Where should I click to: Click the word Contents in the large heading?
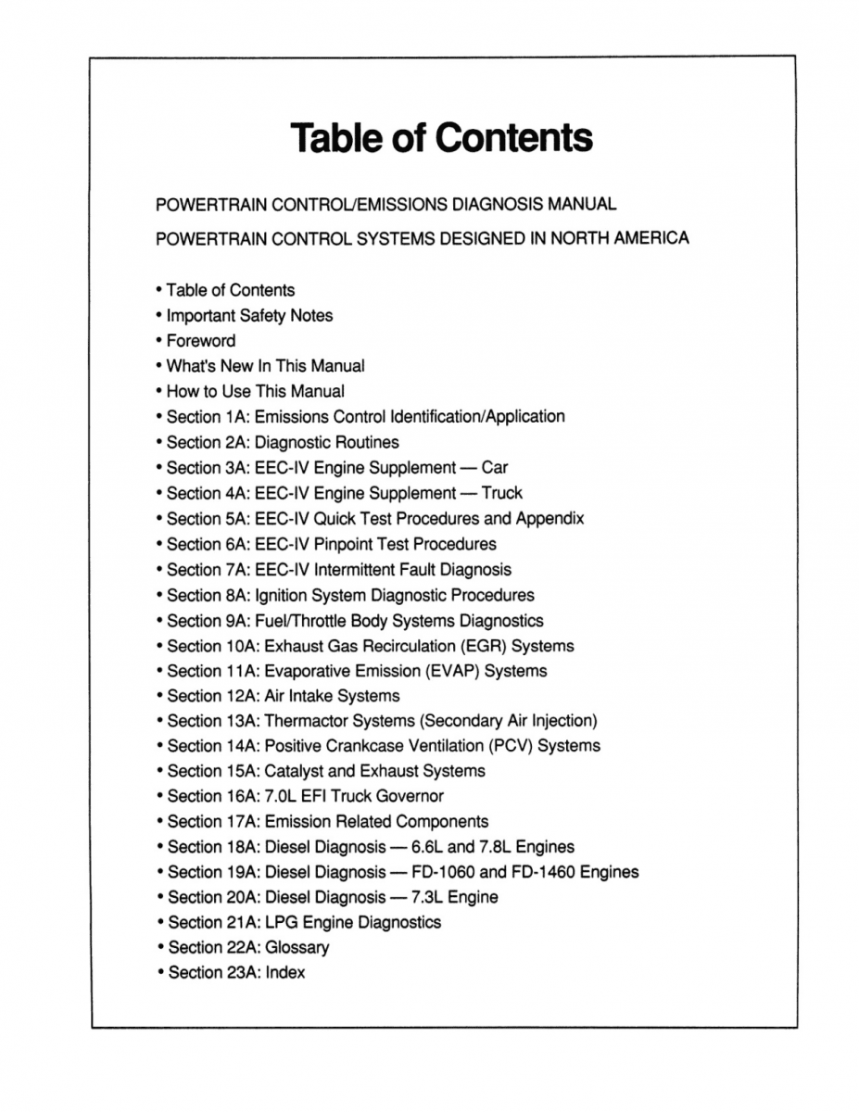(513, 138)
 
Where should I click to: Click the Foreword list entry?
(201, 341)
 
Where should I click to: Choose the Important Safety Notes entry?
(249, 316)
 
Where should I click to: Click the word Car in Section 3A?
(495, 468)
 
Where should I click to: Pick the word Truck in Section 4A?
(501, 493)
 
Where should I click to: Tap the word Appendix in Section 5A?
(550, 518)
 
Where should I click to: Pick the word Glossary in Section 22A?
(297, 948)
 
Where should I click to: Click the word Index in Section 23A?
(284, 973)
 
